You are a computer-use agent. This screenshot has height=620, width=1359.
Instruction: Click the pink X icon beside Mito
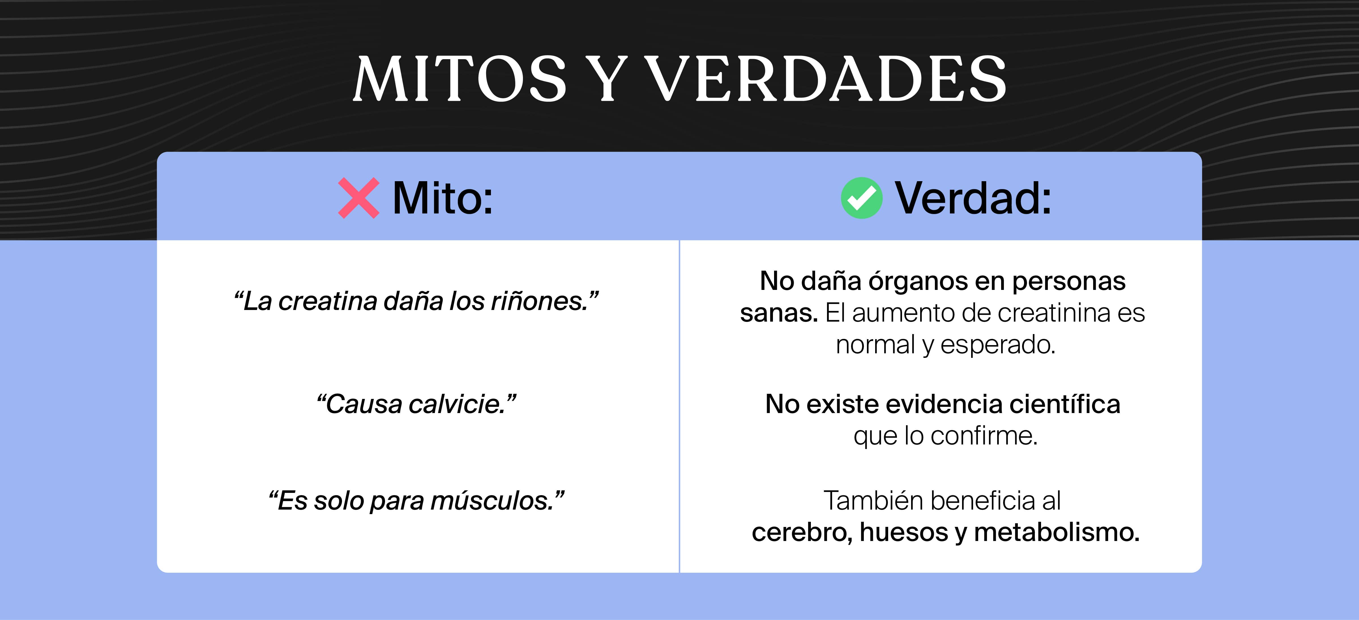[358, 198]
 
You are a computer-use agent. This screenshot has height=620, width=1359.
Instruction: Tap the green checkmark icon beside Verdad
[862, 198]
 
